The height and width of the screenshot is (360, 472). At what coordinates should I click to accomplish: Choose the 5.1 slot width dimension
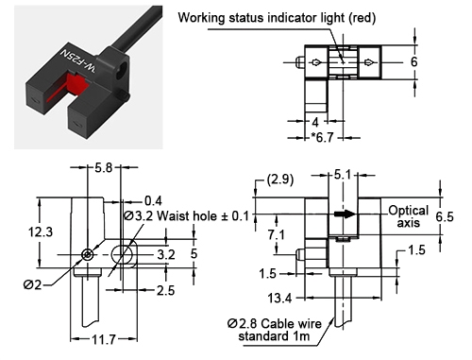point(344,175)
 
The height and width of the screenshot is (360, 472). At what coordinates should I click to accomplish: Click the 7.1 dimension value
point(278,233)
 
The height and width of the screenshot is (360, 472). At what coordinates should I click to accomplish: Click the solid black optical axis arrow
point(346,214)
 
